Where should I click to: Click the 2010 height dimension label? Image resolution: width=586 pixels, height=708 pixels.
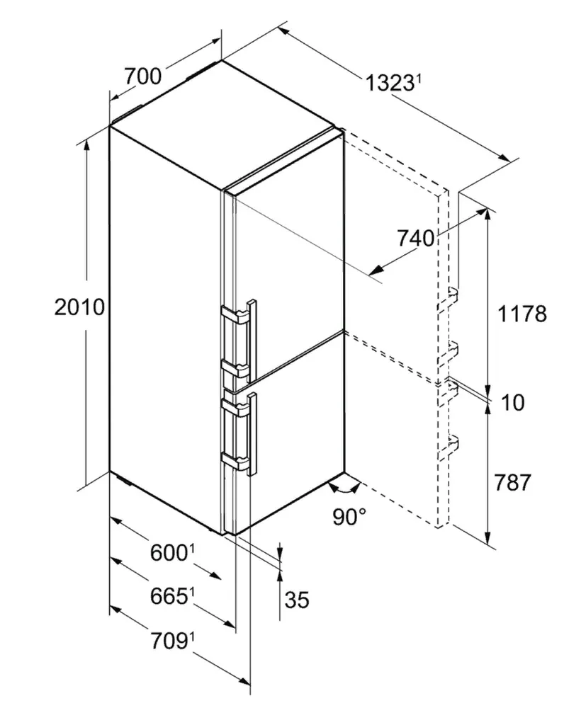pos(79,307)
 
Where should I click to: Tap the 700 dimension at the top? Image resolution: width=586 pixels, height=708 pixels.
pos(142,76)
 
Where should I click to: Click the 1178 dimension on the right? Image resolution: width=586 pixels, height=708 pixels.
pos(522,314)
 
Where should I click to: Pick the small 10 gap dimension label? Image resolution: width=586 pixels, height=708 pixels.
pos(513,402)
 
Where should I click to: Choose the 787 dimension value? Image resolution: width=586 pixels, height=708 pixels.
pos(512,482)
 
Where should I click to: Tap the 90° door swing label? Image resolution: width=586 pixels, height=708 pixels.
pos(349,517)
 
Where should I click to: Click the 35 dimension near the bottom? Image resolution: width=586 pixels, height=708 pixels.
pos(297,600)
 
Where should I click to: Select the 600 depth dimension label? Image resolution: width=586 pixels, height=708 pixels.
pos(168,553)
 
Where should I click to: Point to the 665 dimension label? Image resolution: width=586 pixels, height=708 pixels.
pos(169,596)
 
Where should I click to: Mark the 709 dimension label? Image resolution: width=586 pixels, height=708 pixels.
pos(169,641)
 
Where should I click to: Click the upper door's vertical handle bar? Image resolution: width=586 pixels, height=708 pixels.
pos(252,339)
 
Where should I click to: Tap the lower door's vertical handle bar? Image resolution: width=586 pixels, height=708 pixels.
pos(252,434)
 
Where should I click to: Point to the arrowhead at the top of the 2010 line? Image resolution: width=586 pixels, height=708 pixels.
pos(86,144)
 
